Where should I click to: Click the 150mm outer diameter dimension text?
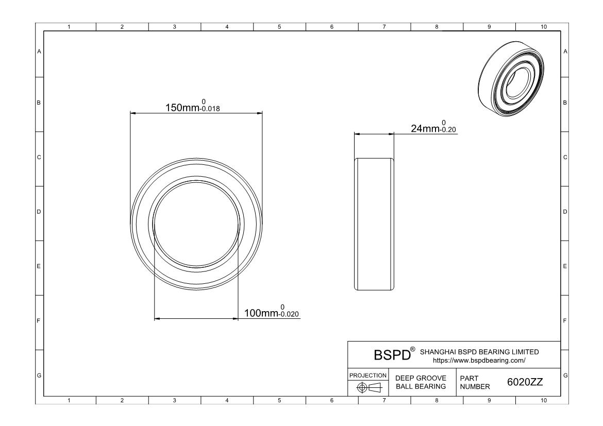coord(182,108)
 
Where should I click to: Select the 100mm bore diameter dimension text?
coord(261,313)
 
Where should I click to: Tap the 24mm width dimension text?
coord(425,128)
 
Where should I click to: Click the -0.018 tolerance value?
coord(210,109)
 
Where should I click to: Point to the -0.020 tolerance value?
coord(289,314)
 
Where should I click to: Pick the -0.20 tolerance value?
coord(448,130)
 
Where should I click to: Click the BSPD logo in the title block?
coord(394,354)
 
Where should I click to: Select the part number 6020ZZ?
coord(525,382)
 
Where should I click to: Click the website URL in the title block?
coord(479,361)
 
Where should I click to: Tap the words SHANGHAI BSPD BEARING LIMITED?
coord(479,352)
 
